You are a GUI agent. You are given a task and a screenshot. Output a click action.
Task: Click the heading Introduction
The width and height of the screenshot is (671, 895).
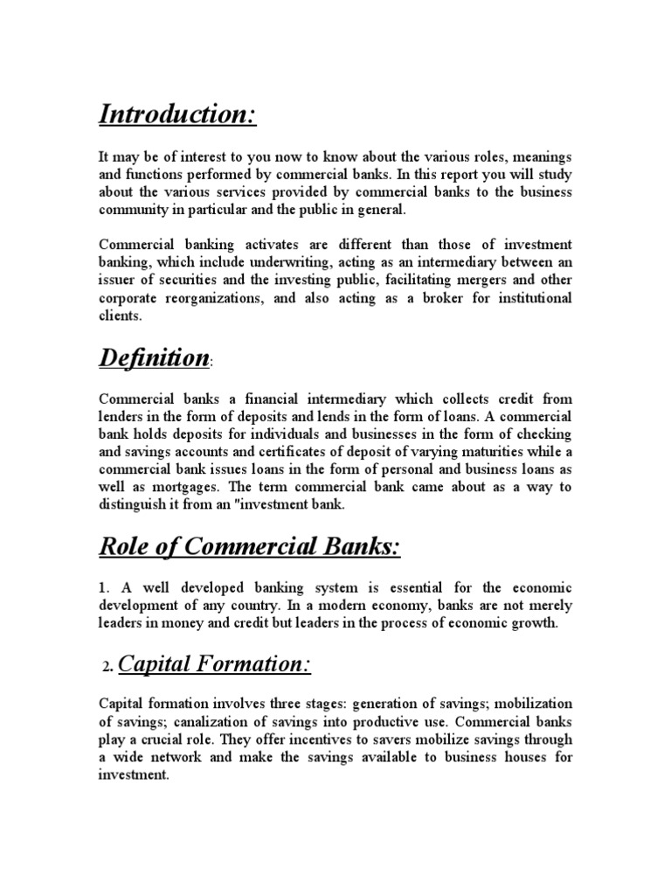(177, 114)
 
